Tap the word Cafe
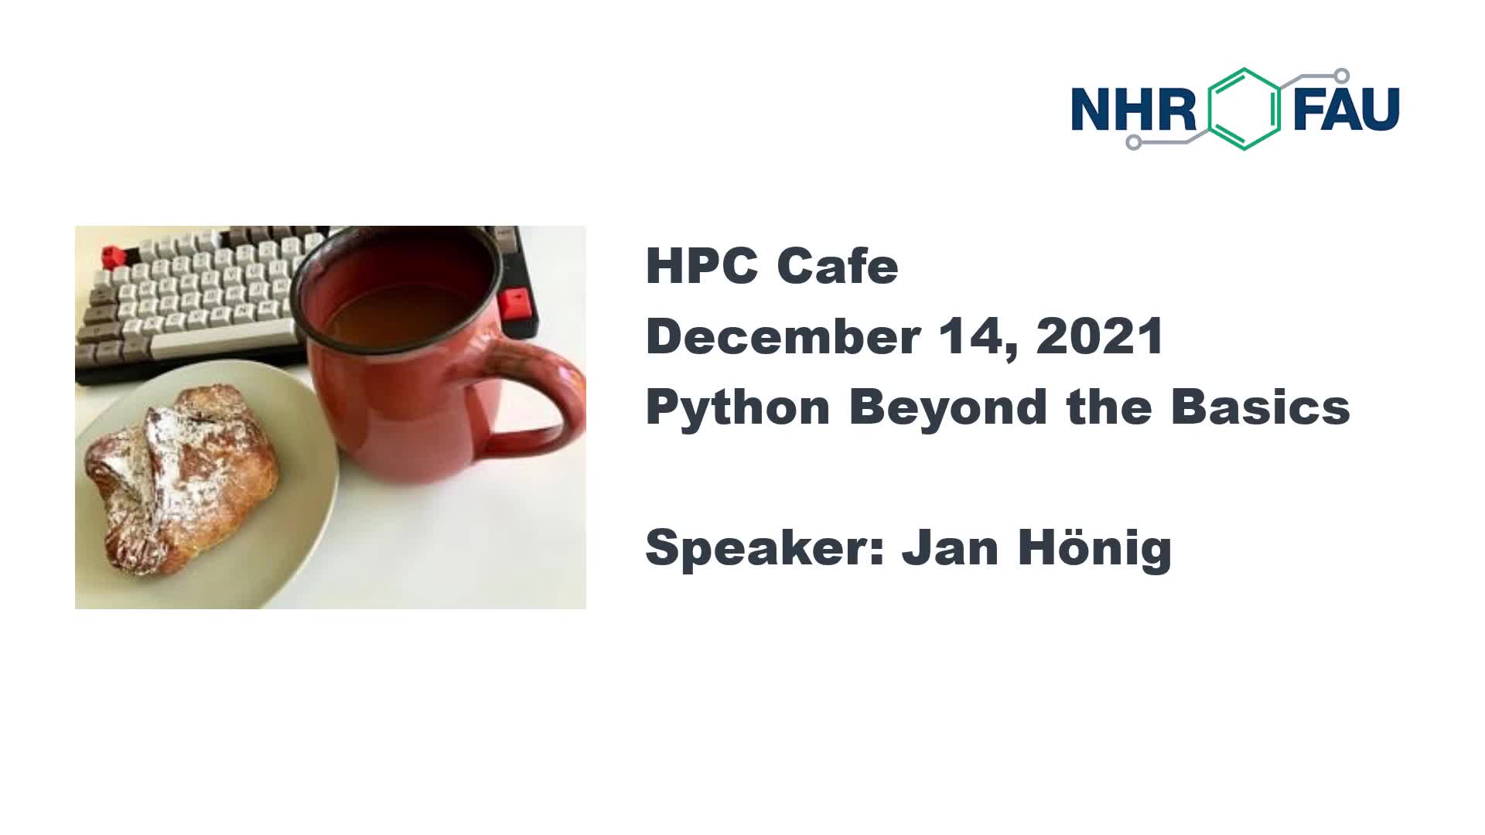(x=837, y=266)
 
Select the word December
(x=783, y=336)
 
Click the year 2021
(x=1100, y=336)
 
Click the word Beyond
(x=948, y=407)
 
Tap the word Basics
(x=1261, y=407)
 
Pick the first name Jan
(x=951, y=548)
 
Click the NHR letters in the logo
(x=1134, y=108)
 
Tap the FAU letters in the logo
(x=1347, y=108)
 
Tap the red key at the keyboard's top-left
(x=114, y=256)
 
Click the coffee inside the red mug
(x=402, y=309)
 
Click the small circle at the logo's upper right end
(x=1342, y=76)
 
